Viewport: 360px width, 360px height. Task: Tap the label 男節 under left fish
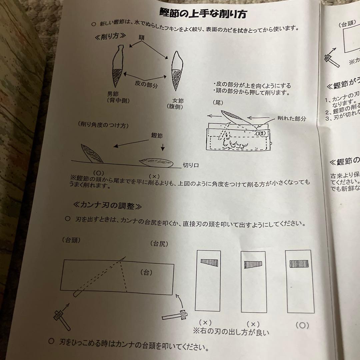click(113, 94)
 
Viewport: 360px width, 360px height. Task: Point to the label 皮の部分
click(146, 85)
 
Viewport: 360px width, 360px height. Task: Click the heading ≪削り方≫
click(110, 36)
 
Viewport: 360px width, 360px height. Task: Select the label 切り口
click(190, 165)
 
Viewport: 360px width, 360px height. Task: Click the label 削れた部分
click(291, 118)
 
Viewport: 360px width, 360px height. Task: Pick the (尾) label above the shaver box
click(218, 103)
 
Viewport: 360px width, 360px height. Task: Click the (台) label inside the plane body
click(146, 272)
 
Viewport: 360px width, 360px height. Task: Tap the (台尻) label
click(159, 243)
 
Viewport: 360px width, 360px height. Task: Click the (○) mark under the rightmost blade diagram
click(302, 325)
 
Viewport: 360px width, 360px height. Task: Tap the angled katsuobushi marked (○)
click(92, 154)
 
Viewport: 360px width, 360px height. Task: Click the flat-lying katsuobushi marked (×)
click(156, 162)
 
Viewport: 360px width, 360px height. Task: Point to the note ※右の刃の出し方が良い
click(231, 332)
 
